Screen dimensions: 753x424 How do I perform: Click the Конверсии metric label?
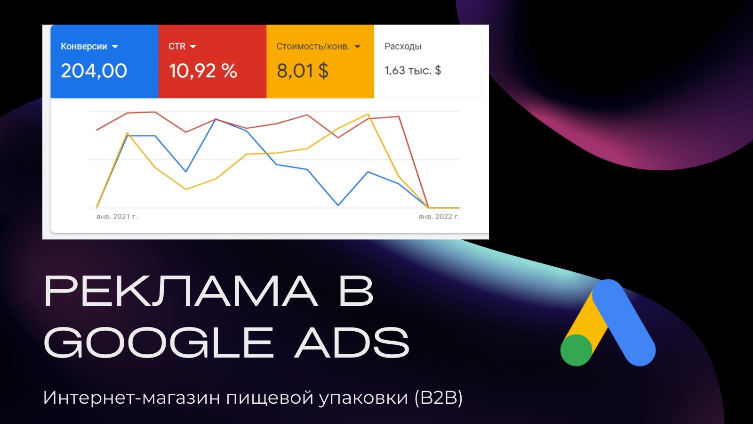pos(84,47)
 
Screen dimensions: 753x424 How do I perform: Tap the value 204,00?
pos(94,71)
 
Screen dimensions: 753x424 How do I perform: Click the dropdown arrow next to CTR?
pos(192,47)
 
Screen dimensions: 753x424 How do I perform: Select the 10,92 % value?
pos(203,71)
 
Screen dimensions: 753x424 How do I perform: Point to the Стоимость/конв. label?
pos(313,47)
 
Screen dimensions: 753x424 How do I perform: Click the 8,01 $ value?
pos(303,71)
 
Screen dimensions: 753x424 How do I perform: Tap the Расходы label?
pos(403,47)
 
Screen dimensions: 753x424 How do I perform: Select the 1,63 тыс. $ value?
pos(412,70)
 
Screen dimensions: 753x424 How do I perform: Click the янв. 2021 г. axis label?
pos(117,216)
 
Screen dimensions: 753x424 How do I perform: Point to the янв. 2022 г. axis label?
pos(439,216)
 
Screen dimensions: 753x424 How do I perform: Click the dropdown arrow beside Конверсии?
pos(115,47)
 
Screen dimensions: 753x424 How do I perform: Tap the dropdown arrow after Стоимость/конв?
pos(357,47)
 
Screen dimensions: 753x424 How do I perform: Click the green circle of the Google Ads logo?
pos(576,350)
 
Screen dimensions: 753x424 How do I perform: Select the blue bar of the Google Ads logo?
pos(624,323)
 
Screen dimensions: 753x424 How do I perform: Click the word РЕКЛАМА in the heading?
pos(181,291)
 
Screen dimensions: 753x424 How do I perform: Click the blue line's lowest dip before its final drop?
pos(338,205)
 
